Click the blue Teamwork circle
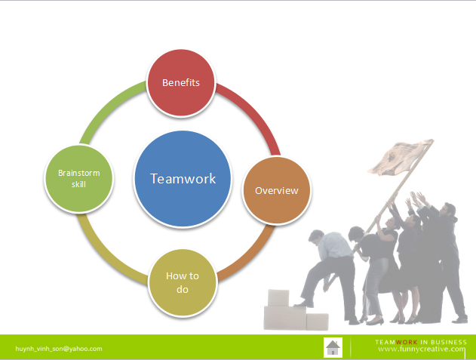[183, 179]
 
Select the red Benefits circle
[181, 82]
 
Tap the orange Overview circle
[277, 190]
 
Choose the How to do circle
[183, 282]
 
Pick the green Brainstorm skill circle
[78, 179]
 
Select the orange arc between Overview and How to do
[252, 256]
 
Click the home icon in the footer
[333, 347]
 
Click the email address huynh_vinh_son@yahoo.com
[59, 349]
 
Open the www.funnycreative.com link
[422, 349]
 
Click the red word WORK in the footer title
[407, 342]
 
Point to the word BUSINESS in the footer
[449, 342]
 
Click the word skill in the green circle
[78, 184]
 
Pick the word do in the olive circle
[182, 290]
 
